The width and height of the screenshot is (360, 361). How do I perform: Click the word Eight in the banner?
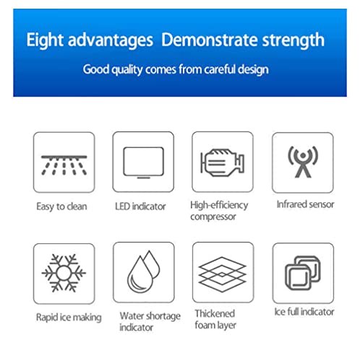(x=45, y=40)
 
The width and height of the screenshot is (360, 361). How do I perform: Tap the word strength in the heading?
(x=293, y=40)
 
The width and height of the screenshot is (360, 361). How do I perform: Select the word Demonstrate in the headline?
(x=210, y=40)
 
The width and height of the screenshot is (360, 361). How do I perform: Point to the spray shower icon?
(x=64, y=165)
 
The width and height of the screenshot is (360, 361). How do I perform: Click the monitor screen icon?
(x=144, y=162)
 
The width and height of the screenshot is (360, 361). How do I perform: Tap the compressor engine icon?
(x=223, y=162)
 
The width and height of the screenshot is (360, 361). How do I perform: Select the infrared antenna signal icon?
(x=303, y=162)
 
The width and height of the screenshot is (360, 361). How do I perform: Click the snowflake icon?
(x=64, y=273)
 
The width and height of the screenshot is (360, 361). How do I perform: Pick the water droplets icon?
(x=144, y=271)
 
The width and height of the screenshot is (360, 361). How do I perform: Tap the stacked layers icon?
(x=223, y=274)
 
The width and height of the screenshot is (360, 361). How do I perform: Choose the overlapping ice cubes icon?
(x=303, y=273)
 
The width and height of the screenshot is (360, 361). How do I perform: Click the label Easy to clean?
(x=61, y=206)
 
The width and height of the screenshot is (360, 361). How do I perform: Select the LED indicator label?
(x=140, y=206)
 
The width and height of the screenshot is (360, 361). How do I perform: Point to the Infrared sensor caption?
(x=305, y=204)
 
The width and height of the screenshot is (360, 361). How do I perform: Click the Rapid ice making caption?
(x=69, y=318)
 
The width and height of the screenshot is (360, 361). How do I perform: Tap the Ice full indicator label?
(x=304, y=312)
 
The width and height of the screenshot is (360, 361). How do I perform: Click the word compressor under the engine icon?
(x=213, y=217)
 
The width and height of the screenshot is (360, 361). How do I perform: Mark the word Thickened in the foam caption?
(x=215, y=313)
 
